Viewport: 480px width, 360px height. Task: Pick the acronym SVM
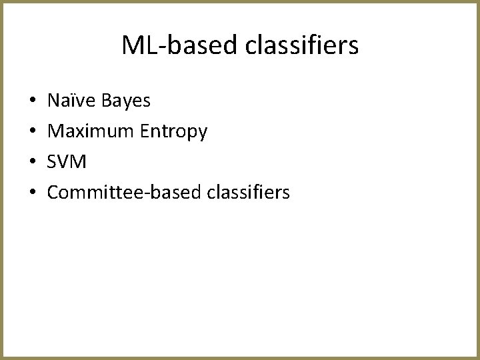(67, 163)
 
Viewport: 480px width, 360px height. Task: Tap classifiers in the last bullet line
(248, 193)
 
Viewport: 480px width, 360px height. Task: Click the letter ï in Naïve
(78, 101)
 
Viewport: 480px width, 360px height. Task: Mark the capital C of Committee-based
(54, 193)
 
